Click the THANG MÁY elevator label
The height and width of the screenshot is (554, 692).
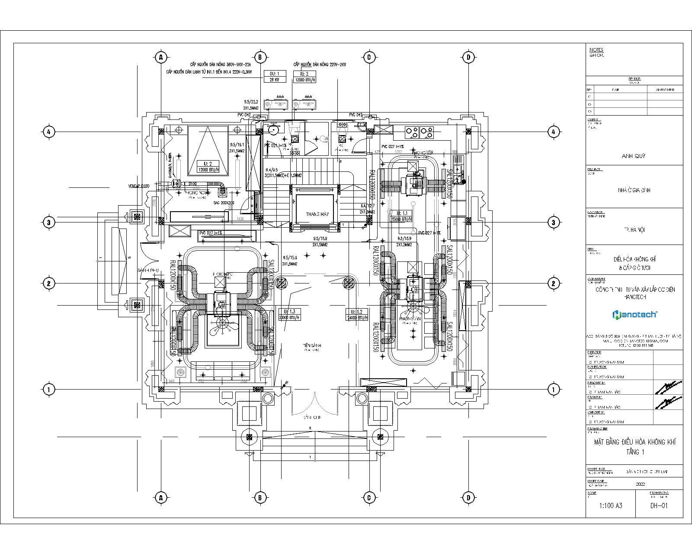click(x=317, y=214)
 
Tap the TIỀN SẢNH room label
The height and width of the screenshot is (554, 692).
click(x=312, y=345)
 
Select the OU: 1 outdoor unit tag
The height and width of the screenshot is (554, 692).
click(x=275, y=74)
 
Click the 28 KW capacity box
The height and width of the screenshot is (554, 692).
click(x=275, y=80)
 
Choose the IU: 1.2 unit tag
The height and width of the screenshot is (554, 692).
click(x=357, y=312)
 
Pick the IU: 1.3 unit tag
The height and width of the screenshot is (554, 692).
click(x=290, y=312)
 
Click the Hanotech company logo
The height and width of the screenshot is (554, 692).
click(x=634, y=314)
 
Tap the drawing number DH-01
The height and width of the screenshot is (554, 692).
click(x=659, y=506)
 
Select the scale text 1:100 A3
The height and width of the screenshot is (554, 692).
click(x=610, y=506)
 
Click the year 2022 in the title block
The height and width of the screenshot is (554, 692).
click(x=641, y=484)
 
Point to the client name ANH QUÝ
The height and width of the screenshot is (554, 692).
click(x=634, y=156)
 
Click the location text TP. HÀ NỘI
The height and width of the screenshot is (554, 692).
click(x=634, y=230)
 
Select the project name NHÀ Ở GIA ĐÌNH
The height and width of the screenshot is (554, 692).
click(x=634, y=190)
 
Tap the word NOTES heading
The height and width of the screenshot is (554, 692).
click(x=596, y=50)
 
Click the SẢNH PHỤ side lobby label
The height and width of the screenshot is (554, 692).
click(x=148, y=271)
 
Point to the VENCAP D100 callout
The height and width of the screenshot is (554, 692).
click(x=138, y=186)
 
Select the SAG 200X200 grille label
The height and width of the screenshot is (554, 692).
click(x=224, y=203)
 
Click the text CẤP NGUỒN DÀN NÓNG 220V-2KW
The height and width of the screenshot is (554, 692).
click(x=320, y=64)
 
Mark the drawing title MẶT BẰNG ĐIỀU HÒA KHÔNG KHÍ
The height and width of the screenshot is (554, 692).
click(x=634, y=442)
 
